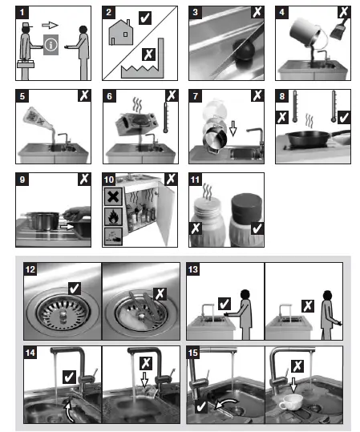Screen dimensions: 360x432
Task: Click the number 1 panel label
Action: [22, 12]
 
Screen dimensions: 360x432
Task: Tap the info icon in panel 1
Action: [51, 45]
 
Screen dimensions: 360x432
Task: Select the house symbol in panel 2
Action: [121, 33]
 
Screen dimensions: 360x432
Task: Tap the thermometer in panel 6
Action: [166, 118]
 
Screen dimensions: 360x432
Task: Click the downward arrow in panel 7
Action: [233, 128]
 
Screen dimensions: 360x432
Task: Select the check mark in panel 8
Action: [344, 117]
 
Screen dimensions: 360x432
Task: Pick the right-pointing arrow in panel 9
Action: [67, 227]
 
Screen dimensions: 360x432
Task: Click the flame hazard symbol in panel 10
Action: [113, 217]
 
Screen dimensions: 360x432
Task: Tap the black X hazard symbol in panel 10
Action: [113, 196]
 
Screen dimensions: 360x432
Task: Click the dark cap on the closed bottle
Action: [246, 206]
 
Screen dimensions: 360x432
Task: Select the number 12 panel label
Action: [30, 269]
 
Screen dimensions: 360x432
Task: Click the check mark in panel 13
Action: [224, 304]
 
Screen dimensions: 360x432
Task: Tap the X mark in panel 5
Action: [84, 95]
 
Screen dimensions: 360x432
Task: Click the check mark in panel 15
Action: [201, 406]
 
